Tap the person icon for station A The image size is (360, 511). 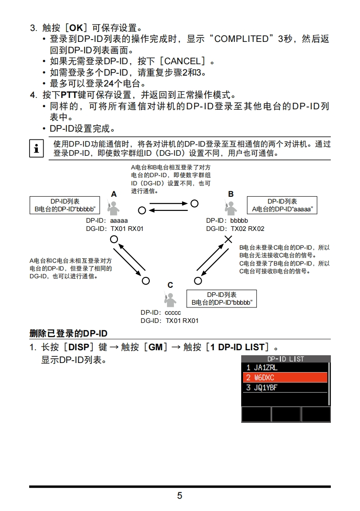tap(113, 207)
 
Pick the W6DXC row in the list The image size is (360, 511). tap(284, 378)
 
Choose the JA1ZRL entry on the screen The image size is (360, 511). tap(284, 368)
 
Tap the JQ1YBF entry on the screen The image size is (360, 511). tap(284, 388)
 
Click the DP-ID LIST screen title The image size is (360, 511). tap(285, 359)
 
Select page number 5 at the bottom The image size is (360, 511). tap(180, 496)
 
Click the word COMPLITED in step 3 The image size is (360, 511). tap(241, 39)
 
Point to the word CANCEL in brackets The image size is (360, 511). tap(181, 61)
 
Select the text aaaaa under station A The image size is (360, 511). tap(119, 220)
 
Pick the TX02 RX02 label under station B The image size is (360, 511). tap(247, 229)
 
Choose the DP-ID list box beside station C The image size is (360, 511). tap(222, 299)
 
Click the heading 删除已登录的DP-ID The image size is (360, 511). tap(68, 334)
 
